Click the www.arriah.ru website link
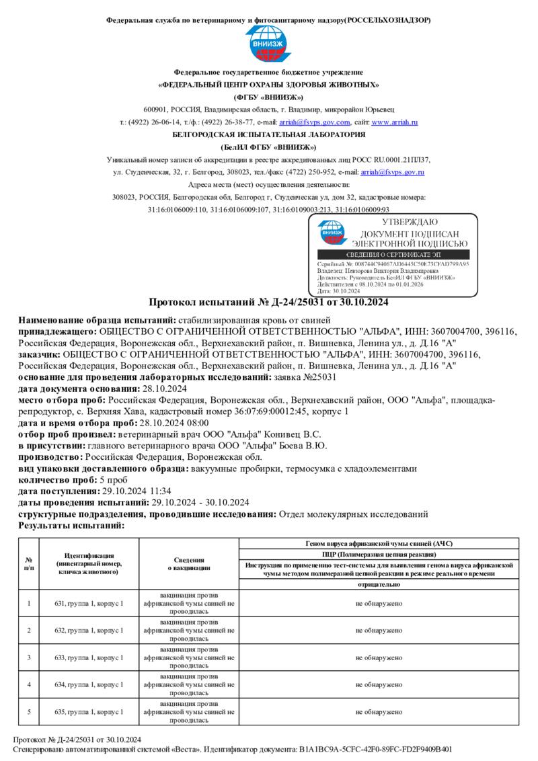coord(395,122)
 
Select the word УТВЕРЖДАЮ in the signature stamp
coord(410,222)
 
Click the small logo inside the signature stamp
coord(333,233)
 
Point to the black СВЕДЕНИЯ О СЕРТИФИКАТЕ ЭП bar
coord(393,255)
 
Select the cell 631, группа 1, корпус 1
coord(89,604)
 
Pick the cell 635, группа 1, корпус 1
coord(89,711)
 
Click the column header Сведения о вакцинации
coord(189,564)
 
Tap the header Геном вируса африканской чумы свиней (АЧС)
coord(379,543)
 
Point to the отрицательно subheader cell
coord(379,585)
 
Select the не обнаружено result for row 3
coord(379,657)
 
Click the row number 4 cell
coord(29,684)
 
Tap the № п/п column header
coord(29,564)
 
